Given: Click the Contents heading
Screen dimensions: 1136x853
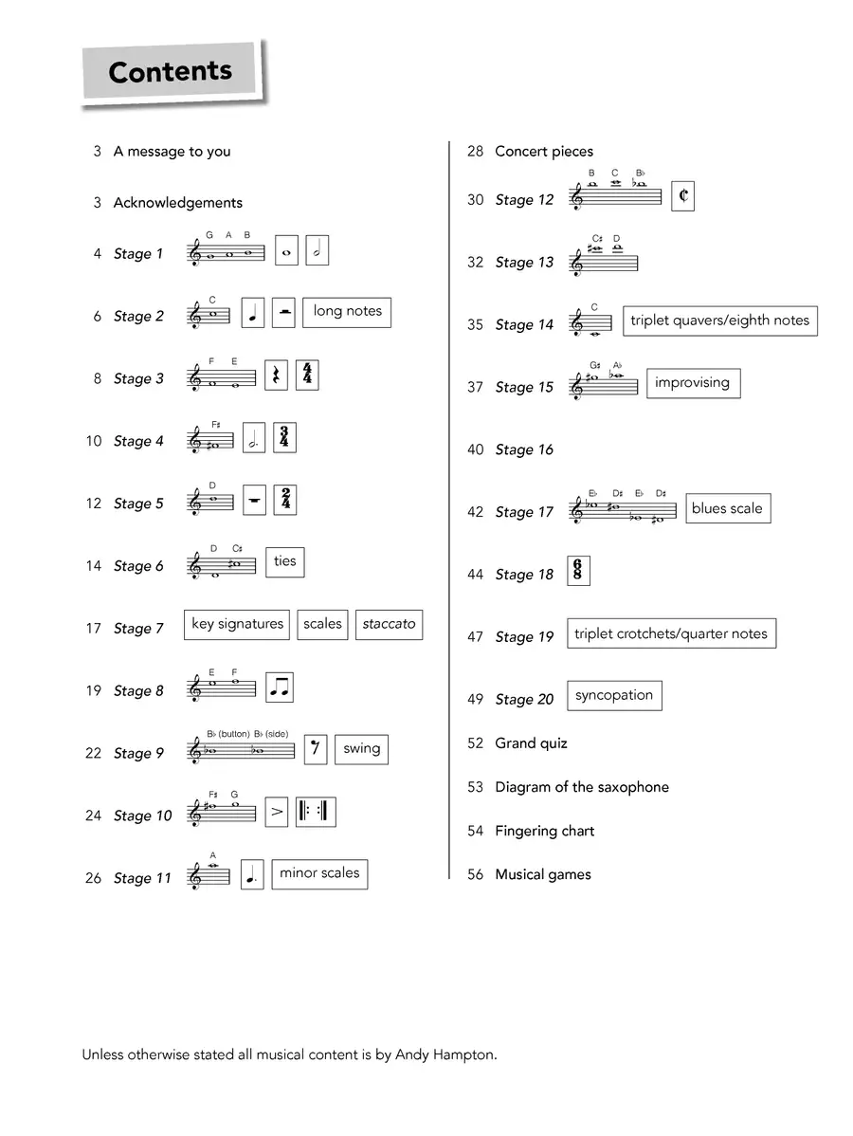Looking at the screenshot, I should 170,72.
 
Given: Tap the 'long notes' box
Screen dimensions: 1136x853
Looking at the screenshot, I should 347,312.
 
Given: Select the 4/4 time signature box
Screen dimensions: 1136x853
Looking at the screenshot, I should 306,375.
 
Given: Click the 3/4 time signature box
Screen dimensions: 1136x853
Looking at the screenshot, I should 284,437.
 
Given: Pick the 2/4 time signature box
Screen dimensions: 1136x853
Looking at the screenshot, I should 284,500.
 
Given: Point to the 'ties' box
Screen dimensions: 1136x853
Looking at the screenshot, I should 284,561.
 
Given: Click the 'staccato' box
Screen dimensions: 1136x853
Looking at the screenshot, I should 389,624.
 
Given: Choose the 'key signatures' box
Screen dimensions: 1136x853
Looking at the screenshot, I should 237,624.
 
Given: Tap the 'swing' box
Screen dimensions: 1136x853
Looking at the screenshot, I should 361,749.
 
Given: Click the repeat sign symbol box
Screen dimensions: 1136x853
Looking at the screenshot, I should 316,812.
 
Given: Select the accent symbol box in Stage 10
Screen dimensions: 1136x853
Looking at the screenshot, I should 277,812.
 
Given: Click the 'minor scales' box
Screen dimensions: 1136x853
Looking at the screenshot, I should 319,873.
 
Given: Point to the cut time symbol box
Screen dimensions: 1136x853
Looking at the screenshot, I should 682,196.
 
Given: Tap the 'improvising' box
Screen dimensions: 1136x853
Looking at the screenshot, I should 692,383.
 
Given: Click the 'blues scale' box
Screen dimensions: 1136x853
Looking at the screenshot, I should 727,508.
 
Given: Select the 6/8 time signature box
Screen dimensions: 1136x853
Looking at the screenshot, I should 577,571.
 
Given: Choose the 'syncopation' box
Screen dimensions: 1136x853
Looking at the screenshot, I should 613,695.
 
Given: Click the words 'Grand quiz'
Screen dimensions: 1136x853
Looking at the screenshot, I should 531,743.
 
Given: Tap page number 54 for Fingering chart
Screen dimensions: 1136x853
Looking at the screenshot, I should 475,831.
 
